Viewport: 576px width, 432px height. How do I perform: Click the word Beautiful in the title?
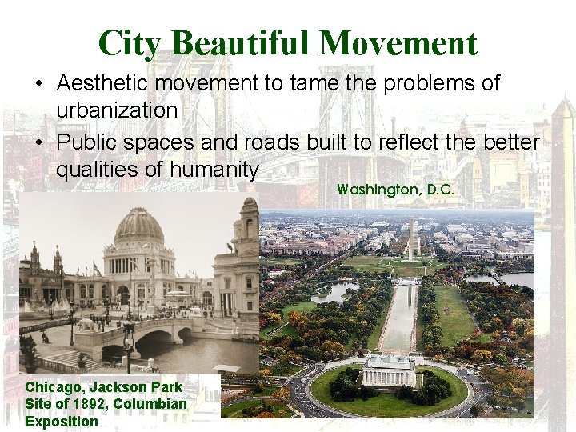tap(239, 43)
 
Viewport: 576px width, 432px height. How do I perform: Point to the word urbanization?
tap(117, 110)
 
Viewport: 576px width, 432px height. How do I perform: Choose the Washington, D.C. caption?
tap(395, 190)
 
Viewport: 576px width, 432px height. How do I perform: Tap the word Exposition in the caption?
tap(61, 422)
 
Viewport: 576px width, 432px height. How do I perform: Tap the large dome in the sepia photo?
tap(138, 228)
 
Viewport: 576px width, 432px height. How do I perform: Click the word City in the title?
tap(131, 43)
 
